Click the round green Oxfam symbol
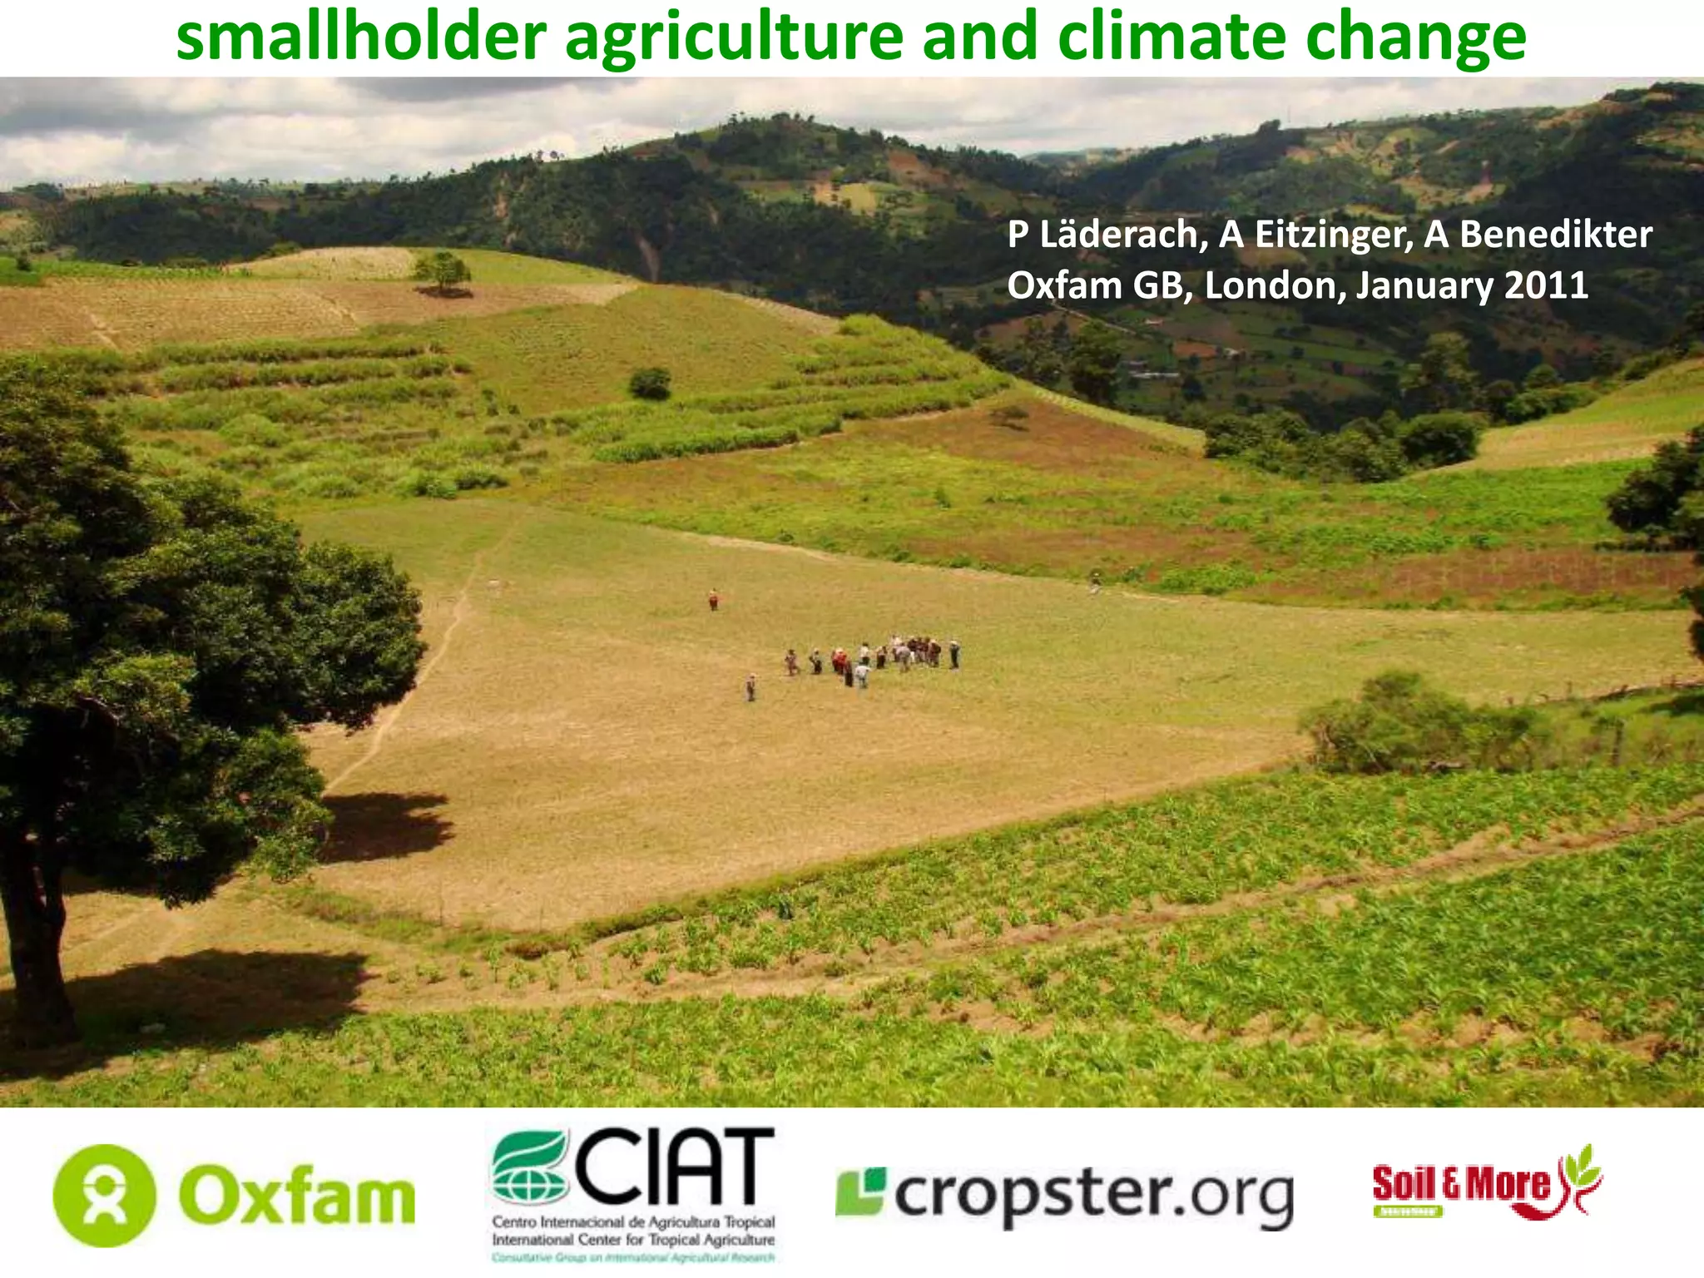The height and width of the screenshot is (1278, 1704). pyautogui.click(x=104, y=1196)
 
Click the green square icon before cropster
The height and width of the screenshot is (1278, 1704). pyautogui.click(x=860, y=1191)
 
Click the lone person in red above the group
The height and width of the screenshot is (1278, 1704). pyautogui.click(x=712, y=599)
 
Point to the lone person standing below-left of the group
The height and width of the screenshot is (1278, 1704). pyautogui.click(x=750, y=687)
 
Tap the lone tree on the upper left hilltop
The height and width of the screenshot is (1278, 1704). pyautogui.click(x=441, y=271)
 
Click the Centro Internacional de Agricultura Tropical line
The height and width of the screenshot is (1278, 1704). pyautogui.click(x=633, y=1222)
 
